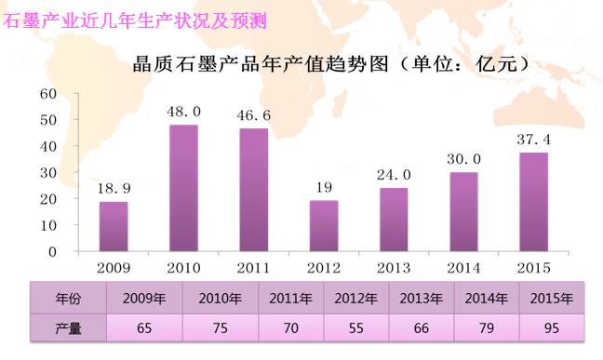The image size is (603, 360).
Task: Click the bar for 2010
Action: tap(183, 188)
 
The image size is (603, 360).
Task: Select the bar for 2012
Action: tap(324, 226)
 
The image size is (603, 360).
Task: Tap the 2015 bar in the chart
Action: tap(534, 202)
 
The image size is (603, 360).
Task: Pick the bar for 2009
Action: tap(114, 227)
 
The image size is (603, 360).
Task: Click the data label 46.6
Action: tap(254, 115)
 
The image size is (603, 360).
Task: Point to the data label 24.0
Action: tap(394, 175)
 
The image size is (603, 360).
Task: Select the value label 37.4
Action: tap(534, 140)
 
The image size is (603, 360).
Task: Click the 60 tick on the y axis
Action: tap(48, 93)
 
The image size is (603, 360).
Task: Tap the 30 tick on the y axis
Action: tap(48, 173)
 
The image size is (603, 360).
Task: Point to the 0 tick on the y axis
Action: tap(53, 252)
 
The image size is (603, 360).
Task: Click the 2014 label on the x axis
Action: tap(463, 268)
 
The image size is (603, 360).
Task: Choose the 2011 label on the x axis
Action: tap(254, 268)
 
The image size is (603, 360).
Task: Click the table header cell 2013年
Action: tap(422, 299)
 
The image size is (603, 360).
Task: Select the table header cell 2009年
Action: tap(144, 299)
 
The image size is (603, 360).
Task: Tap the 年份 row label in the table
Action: tap(69, 299)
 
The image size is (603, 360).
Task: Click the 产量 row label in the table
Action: tap(69, 328)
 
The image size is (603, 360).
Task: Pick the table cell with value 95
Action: tap(552, 328)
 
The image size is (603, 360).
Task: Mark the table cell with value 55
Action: tap(356, 328)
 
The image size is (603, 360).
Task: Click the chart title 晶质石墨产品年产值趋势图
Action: tap(261, 64)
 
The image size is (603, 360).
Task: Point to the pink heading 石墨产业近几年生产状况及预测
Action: tap(134, 20)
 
